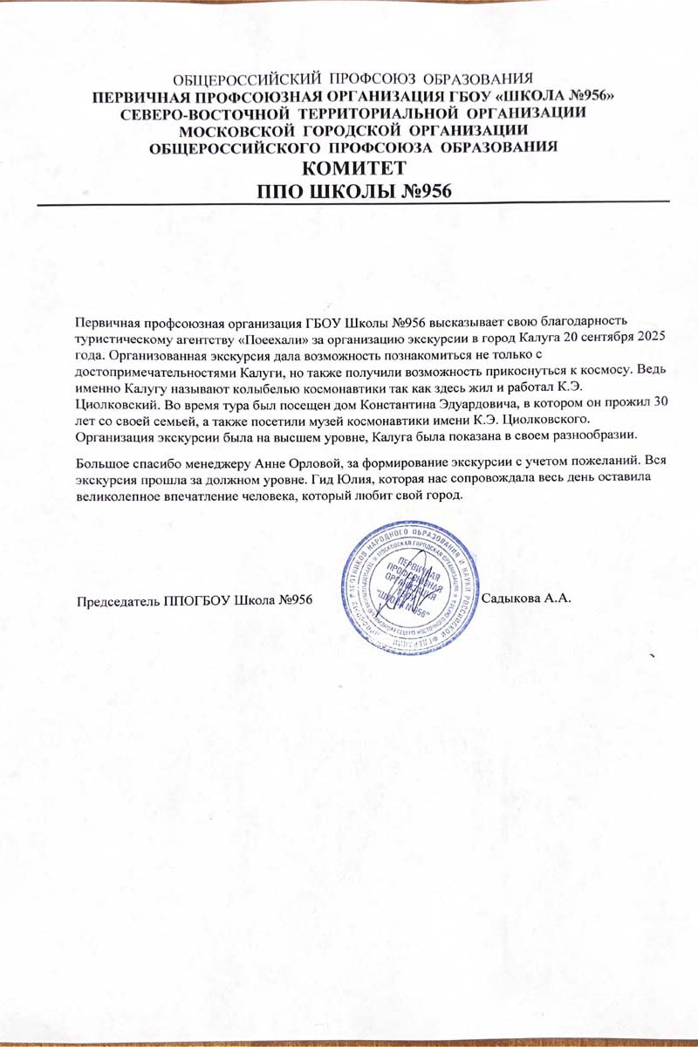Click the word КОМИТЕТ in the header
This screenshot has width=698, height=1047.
point(354,168)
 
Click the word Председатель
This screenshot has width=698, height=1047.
point(118,601)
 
